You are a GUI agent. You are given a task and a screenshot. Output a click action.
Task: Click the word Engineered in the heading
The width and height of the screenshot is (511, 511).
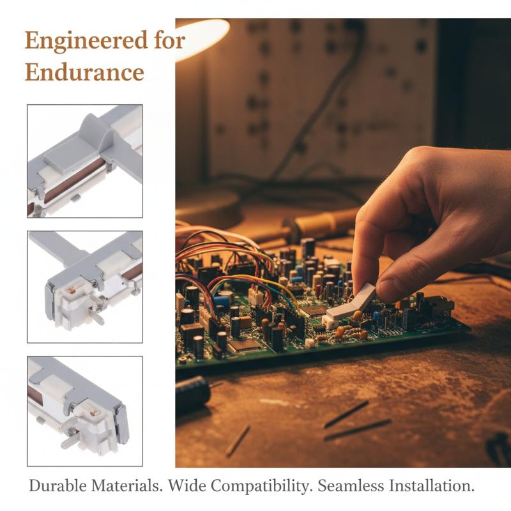point(86,41)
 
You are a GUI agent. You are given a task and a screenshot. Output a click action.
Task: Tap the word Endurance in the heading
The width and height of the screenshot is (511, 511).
point(84,72)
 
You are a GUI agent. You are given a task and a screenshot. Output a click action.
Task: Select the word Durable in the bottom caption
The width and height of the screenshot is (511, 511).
point(57,486)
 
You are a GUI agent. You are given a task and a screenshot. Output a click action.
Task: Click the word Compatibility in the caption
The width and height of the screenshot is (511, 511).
point(259,487)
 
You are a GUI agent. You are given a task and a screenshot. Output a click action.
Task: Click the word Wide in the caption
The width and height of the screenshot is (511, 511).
point(187,486)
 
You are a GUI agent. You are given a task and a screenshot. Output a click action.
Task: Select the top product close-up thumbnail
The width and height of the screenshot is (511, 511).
point(85,161)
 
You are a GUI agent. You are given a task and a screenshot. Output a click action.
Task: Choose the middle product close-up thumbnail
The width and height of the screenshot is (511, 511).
point(85,287)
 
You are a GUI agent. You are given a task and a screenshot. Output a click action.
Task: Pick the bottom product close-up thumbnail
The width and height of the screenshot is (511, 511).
point(85,411)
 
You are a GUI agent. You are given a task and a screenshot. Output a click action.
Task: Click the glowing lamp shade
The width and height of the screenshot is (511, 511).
point(201,39)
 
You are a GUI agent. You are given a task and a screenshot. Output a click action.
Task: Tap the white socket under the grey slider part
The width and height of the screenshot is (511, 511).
point(330,322)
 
